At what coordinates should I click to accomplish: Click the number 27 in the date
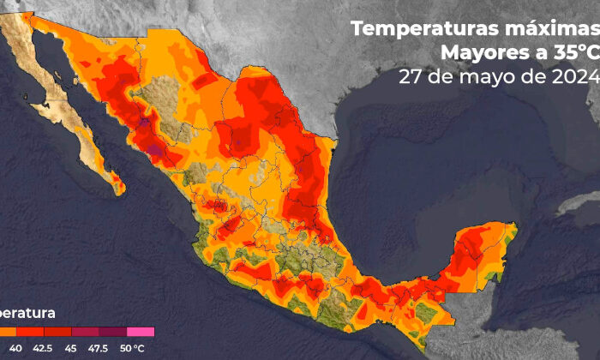(410, 78)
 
